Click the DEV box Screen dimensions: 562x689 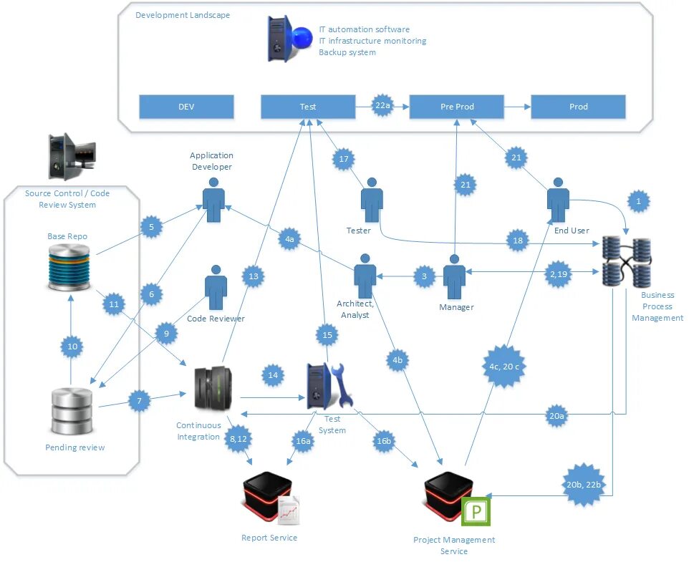(x=186, y=107)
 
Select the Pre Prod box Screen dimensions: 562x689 (x=457, y=107)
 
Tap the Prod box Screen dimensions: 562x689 (x=578, y=107)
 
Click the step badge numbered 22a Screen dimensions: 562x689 (x=382, y=106)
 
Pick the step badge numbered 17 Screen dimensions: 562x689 (x=344, y=159)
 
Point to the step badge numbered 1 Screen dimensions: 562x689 (x=638, y=202)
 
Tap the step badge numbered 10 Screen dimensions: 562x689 (x=72, y=347)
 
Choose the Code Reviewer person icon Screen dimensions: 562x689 (x=216, y=288)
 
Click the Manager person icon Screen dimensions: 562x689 (x=455, y=276)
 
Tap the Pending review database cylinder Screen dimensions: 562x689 (x=72, y=410)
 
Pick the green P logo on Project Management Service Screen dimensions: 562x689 (x=476, y=511)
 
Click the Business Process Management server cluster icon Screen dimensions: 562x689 (x=626, y=261)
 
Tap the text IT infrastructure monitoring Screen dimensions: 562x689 (x=372, y=41)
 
